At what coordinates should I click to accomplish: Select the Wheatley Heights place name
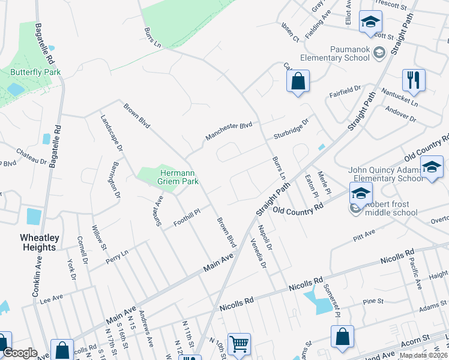pyautogui.click(x=31, y=242)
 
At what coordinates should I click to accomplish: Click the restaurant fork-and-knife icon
pyautogui.click(x=414, y=79)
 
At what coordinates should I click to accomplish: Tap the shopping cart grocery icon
pyautogui.click(x=239, y=344)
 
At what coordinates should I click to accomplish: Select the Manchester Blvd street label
pyautogui.click(x=229, y=131)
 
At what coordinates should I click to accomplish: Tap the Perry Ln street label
pyautogui.click(x=117, y=254)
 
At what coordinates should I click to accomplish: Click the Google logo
pyautogui.click(x=20, y=353)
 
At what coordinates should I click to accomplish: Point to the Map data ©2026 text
pyautogui.click(x=423, y=355)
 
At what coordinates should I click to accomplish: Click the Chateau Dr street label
pyautogui.click(x=31, y=156)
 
